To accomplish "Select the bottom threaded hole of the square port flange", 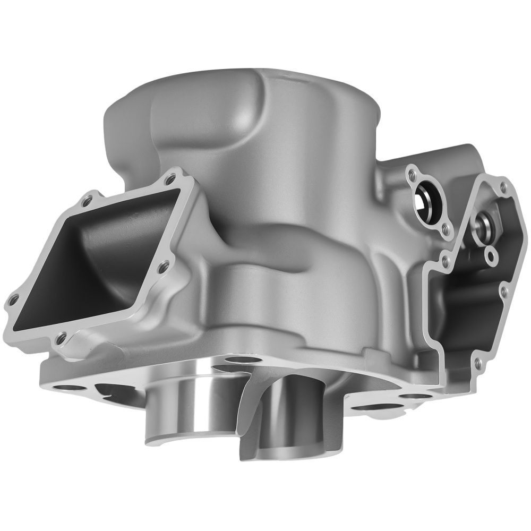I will [x=62, y=336].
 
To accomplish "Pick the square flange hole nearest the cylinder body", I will [x=164, y=263].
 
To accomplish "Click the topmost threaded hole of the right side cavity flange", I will [x=502, y=187].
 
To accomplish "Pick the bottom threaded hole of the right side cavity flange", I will [x=477, y=362].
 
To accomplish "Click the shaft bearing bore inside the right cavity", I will [x=484, y=221].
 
